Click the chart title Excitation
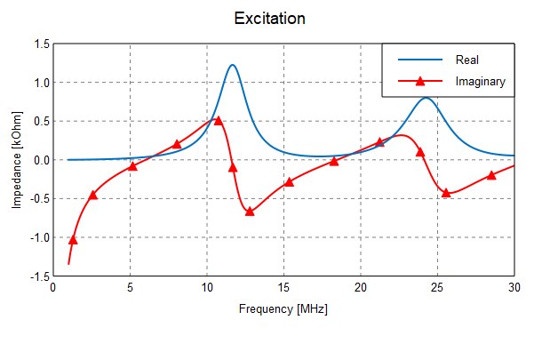point(270,19)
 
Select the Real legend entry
point(467,60)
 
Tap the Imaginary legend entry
point(480,82)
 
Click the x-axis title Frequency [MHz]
point(283,309)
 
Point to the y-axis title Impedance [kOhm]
point(17,160)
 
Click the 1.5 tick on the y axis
point(41,44)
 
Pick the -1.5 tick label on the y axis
point(39,276)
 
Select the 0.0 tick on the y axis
point(41,160)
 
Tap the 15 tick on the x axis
point(283,288)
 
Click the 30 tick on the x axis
point(514,288)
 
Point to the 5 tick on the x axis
point(130,288)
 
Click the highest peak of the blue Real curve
point(233,65)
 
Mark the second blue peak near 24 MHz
point(426,98)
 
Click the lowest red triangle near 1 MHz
point(73,239)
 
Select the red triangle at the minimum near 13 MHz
point(250,212)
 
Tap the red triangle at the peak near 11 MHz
point(219,120)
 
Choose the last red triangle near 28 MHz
point(491,175)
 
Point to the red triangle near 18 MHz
point(334,161)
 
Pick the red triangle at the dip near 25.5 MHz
point(446,192)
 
